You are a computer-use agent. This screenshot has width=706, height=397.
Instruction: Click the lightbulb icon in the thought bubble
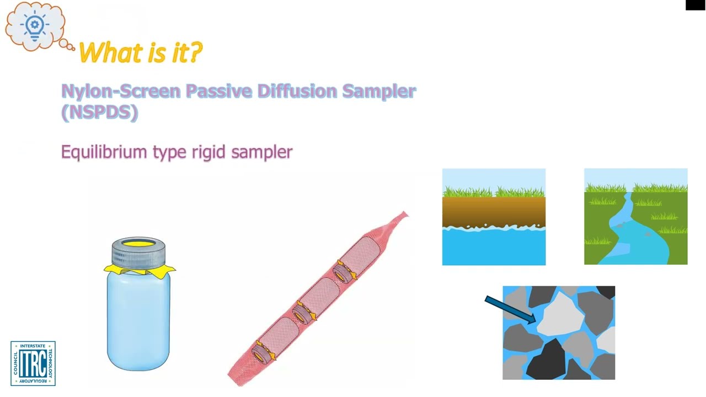(35, 25)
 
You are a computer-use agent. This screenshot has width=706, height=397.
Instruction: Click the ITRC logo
(33, 363)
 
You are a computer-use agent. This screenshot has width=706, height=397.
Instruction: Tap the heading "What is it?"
(141, 53)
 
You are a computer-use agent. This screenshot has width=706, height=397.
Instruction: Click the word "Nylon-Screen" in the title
(120, 91)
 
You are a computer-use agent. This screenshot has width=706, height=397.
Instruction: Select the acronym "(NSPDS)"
(99, 112)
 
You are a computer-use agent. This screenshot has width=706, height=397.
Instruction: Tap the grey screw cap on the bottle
(138, 253)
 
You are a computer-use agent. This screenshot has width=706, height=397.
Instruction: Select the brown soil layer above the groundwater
(494, 211)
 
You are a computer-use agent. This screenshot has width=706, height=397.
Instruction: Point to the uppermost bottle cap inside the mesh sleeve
(344, 272)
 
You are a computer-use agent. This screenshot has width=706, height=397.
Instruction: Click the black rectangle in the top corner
(695, 5)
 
